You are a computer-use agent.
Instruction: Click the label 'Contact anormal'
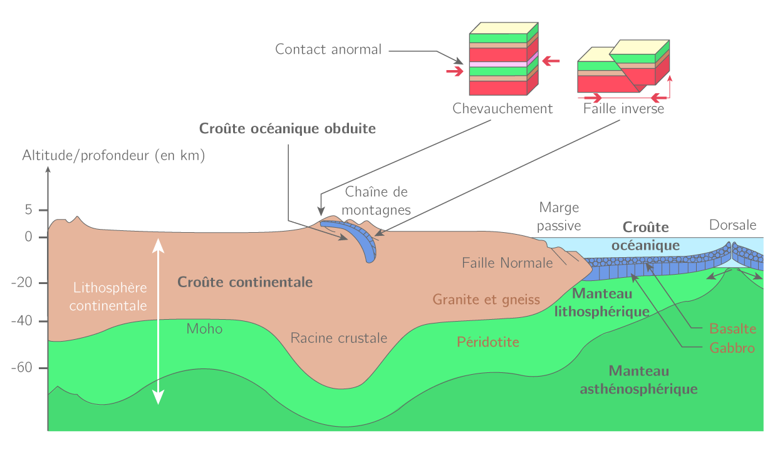pyautogui.click(x=328, y=49)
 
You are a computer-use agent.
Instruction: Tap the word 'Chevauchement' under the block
pyautogui.click(x=502, y=109)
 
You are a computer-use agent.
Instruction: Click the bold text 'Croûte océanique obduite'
pyautogui.click(x=288, y=129)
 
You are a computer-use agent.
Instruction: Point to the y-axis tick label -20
pyautogui.click(x=21, y=283)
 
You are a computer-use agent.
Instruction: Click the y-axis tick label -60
pyautogui.click(x=21, y=367)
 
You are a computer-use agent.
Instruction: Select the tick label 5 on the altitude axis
pyautogui.click(x=28, y=210)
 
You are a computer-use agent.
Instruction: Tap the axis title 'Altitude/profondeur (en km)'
pyautogui.click(x=114, y=156)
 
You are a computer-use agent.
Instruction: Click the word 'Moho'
pyautogui.click(x=204, y=328)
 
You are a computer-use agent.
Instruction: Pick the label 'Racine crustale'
pyautogui.click(x=339, y=338)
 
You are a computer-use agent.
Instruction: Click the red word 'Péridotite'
pyautogui.click(x=488, y=342)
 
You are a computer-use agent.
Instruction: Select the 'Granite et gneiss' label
pyautogui.click(x=486, y=300)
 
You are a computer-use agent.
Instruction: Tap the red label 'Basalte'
pyautogui.click(x=732, y=328)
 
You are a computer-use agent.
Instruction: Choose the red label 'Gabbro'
pyautogui.click(x=732, y=348)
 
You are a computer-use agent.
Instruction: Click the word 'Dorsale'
pyautogui.click(x=732, y=225)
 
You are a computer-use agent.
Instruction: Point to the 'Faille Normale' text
pyautogui.click(x=507, y=263)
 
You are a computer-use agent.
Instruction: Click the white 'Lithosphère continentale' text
pyautogui.click(x=110, y=297)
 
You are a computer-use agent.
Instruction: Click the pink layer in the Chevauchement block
pyautogui.click(x=498, y=64)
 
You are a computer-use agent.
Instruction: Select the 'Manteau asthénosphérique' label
pyautogui.click(x=639, y=380)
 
